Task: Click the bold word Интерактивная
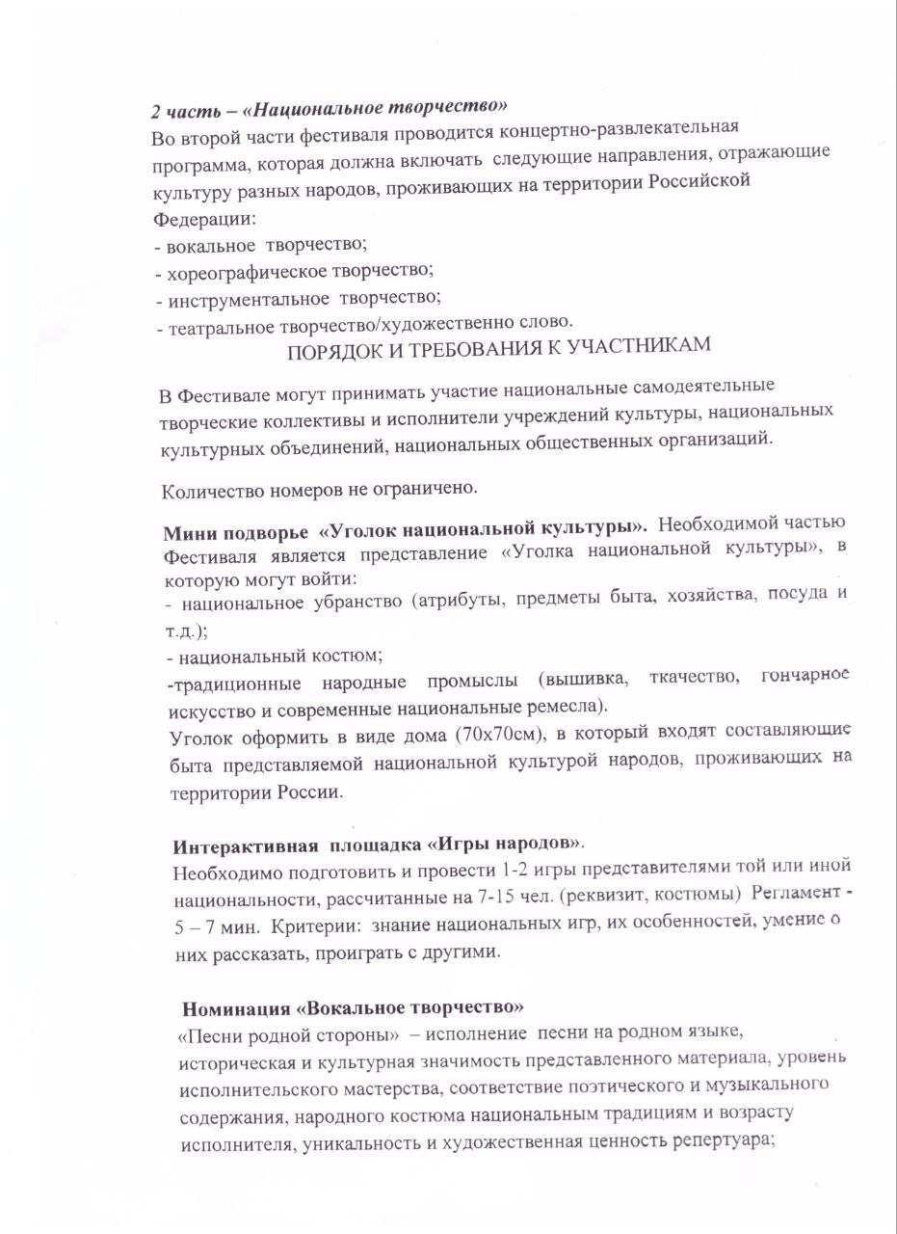[245, 848]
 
